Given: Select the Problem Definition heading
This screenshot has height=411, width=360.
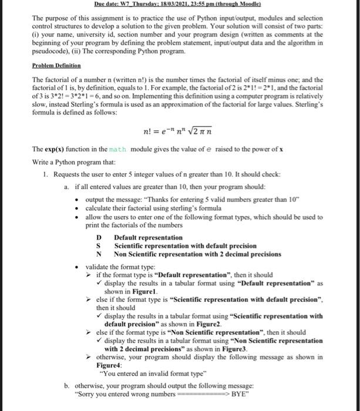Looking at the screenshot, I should click(x=56, y=65).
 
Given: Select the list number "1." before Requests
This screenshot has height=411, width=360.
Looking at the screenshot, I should click(x=46, y=175).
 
